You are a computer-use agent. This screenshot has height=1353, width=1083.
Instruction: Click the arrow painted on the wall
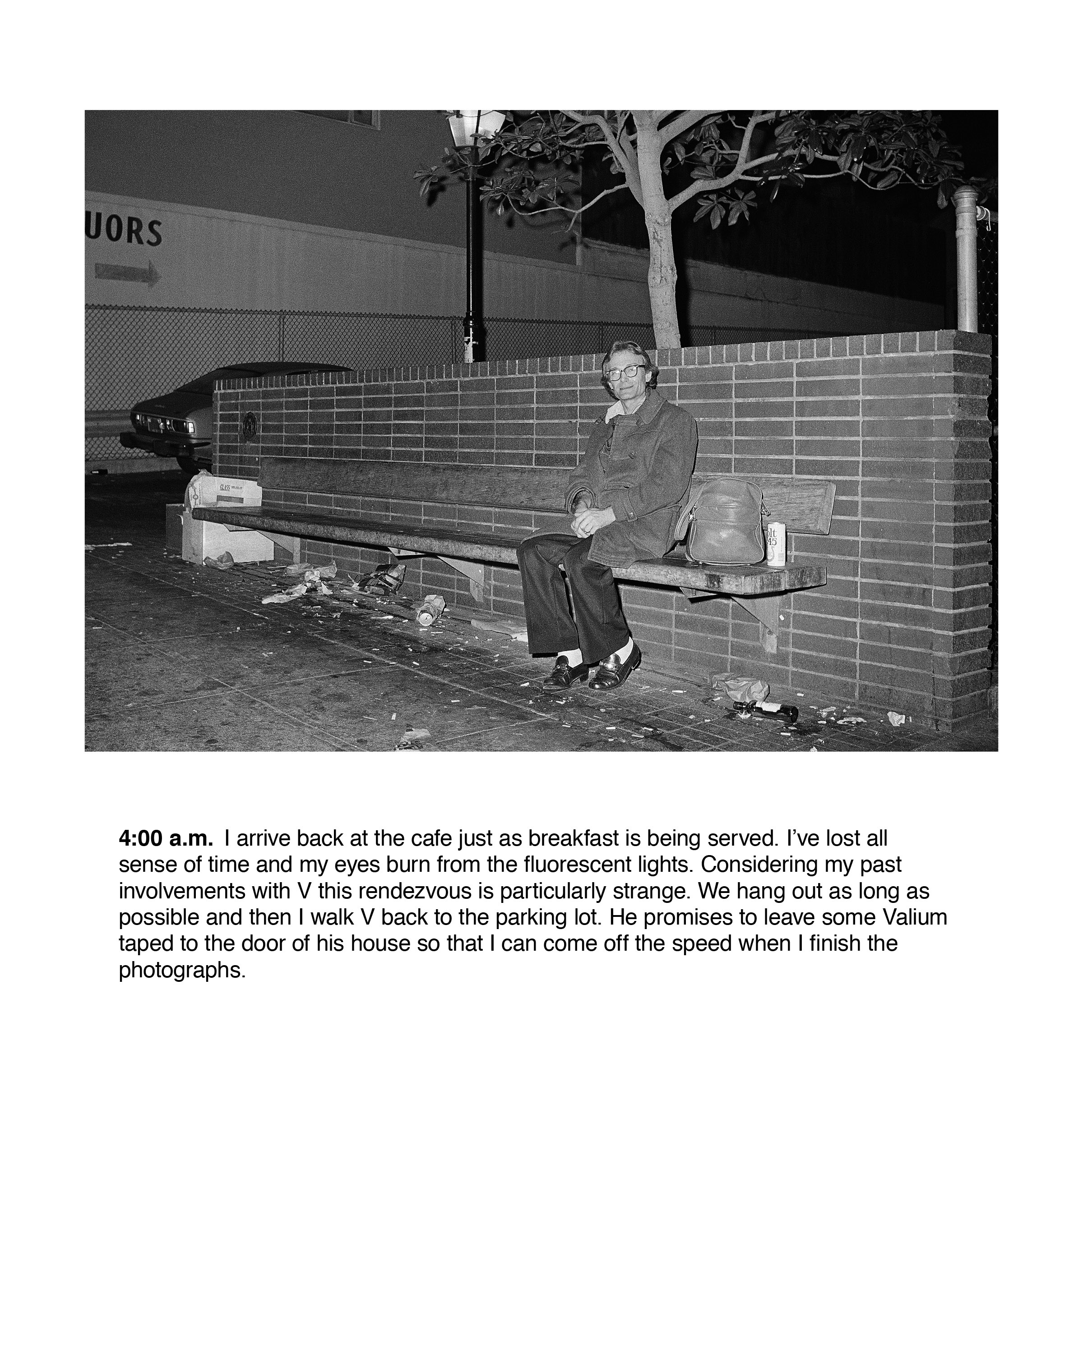coord(127,272)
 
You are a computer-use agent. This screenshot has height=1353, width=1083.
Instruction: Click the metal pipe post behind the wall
coord(966,260)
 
